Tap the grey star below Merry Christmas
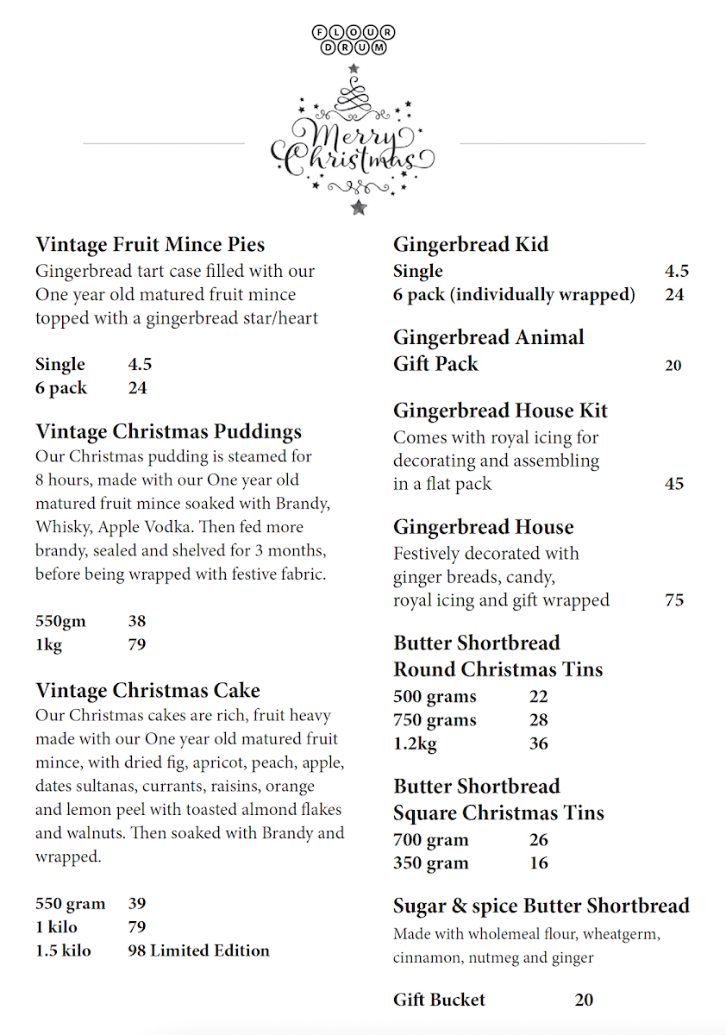[359, 207]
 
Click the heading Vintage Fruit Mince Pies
[150, 245]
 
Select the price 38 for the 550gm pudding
[136, 621]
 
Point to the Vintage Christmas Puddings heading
[168, 431]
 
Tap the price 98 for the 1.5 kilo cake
[136, 950]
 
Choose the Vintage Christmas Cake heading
[147, 691]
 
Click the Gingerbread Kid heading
[471, 245]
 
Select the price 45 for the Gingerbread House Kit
[674, 484]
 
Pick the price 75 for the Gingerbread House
[674, 600]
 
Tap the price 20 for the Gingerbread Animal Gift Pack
[673, 366]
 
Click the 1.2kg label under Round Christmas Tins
[415, 743]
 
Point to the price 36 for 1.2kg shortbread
[539, 743]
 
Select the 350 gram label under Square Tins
[431, 863]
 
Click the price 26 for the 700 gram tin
[539, 840]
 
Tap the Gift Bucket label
[439, 1000]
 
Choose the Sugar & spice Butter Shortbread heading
[541, 906]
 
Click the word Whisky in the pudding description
[57, 527]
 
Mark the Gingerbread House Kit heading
[500, 411]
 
